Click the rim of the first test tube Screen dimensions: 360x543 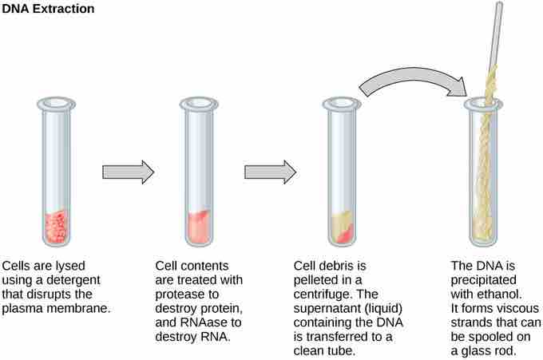point(55,103)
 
